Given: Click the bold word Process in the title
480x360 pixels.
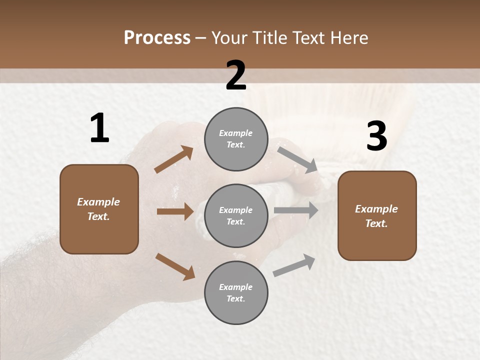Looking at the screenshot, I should click(x=157, y=37).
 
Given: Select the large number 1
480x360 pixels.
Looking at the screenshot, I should click(x=99, y=128).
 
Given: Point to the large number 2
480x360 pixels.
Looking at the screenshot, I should click(x=236, y=75).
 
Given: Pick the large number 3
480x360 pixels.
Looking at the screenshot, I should click(x=376, y=136).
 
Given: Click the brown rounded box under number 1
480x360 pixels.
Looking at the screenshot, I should click(x=99, y=209).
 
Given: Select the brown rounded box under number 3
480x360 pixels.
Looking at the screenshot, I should click(x=377, y=216).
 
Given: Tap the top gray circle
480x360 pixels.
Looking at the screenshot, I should click(x=236, y=139).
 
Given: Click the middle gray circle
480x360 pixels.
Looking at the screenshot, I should click(x=236, y=215).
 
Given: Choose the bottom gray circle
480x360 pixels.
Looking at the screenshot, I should click(x=236, y=292).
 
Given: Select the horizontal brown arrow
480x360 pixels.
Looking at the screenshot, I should click(x=175, y=211).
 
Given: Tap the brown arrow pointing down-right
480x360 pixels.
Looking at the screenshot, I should click(x=175, y=266).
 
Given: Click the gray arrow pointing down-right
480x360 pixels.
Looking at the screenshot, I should click(x=298, y=159).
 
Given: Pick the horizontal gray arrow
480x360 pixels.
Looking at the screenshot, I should click(x=296, y=210).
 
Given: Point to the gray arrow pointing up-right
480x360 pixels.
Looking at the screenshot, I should click(x=294, y=265).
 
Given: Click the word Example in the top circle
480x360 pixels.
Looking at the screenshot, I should click(x=236, y=133).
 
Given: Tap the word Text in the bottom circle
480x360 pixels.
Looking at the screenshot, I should click(x=235, y=298).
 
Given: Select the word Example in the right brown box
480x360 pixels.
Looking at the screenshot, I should click(x=376, y=209).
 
